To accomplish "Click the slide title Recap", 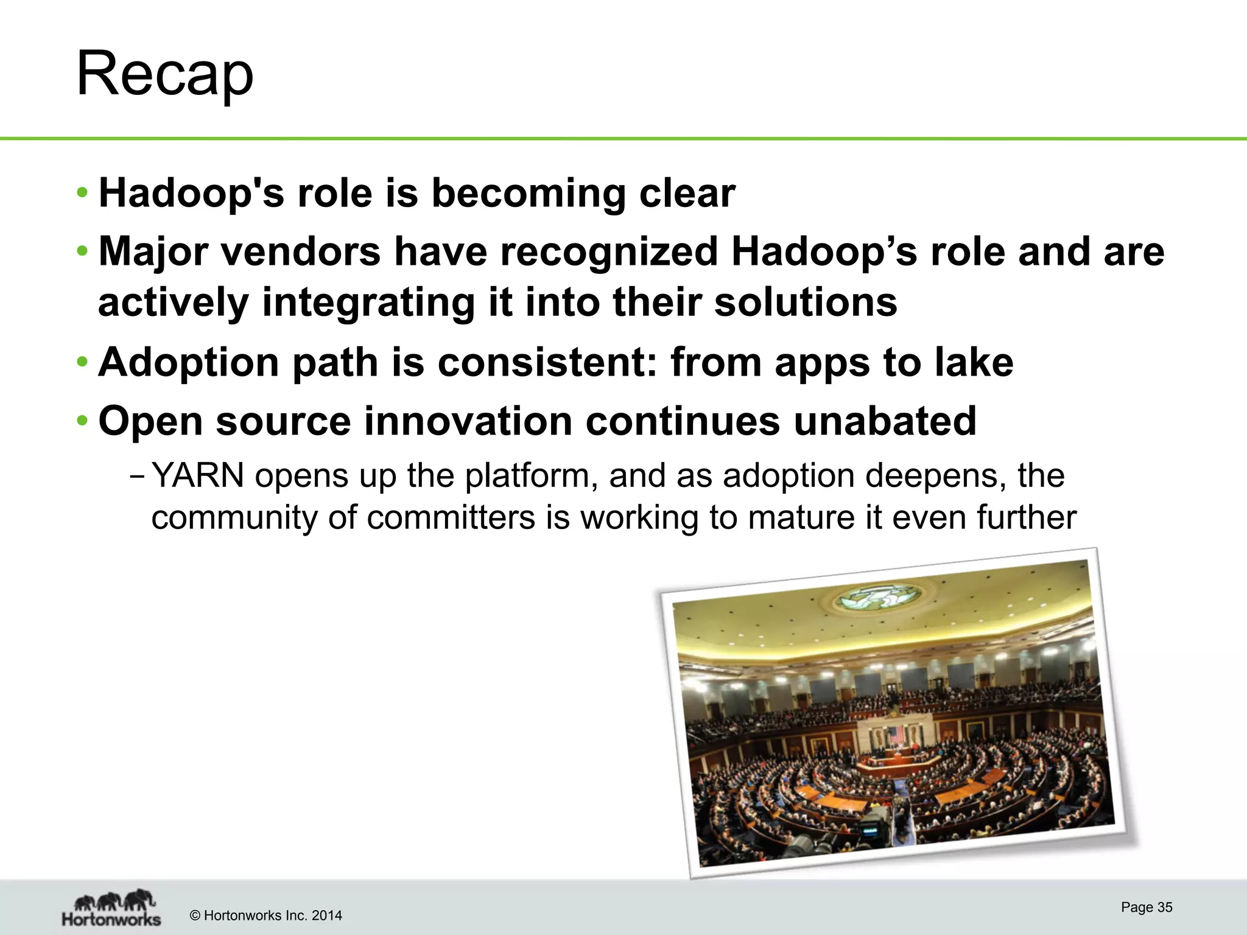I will click(164, 74).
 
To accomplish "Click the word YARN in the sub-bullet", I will click(197, 476).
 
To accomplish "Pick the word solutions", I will click(805, 303).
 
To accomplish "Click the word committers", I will click(451, 518).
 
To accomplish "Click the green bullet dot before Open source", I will click(83, 421).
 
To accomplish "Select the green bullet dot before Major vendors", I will click(83, 251).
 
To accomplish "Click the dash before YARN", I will click(138, 476).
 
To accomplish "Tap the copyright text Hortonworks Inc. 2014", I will click(266, 916).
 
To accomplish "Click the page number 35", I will click(1164, 907).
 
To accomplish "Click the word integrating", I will click(368, 303).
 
